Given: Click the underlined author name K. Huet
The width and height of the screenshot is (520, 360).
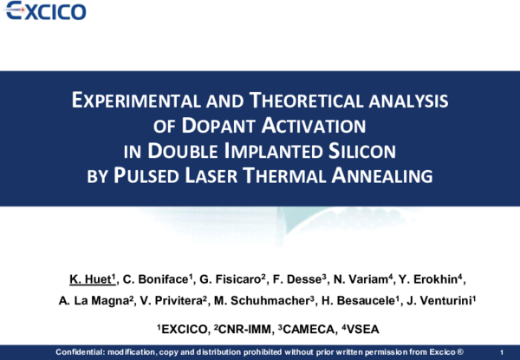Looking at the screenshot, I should point(91,278).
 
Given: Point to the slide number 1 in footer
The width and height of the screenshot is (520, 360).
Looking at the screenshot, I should point(503,351).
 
